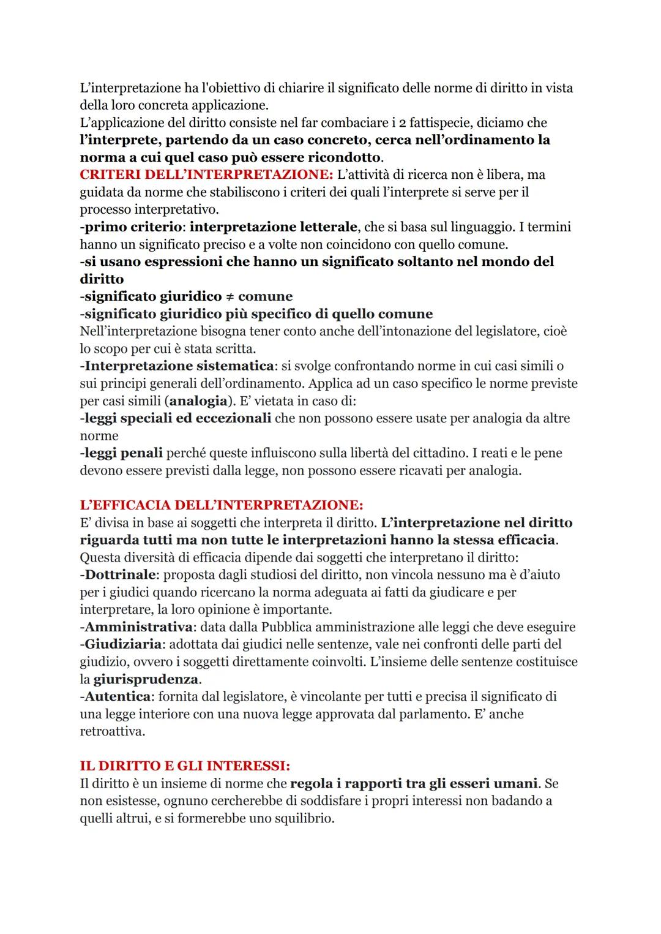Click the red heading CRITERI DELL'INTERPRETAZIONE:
pos(206,175)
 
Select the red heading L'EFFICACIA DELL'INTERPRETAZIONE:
pos(222,505)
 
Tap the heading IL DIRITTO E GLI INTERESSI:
pos(185,766)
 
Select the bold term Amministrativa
pos(138,627)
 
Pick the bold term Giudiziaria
pos(122,644)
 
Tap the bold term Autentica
pos(118,696)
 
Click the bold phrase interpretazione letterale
pos(274,227)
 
